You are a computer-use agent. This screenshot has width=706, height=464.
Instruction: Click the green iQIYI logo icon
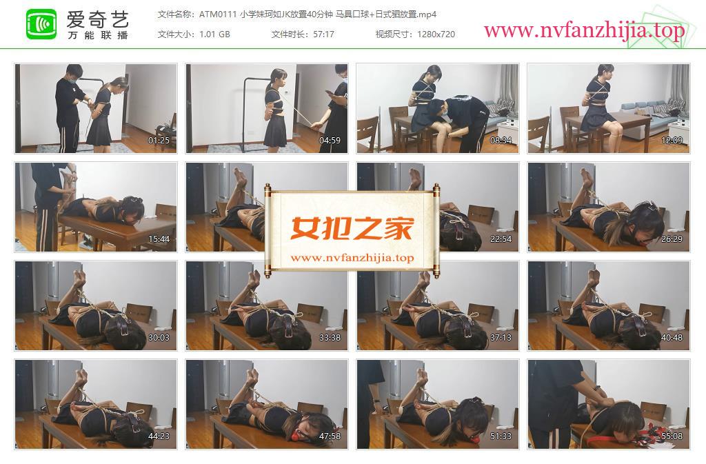(x=41, y=24)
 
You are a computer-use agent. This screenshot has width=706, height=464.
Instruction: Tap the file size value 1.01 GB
(x=215, y=34)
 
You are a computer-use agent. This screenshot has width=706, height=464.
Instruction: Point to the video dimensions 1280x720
(x=436, y=34)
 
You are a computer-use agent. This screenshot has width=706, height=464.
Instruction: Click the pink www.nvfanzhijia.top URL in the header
(x=585, y=30)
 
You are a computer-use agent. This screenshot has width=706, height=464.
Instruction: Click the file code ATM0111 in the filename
(x=218, y=14)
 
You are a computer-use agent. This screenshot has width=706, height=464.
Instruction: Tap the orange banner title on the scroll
(x=352, y=228)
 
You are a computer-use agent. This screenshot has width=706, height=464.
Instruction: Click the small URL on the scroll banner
(x=352, y=258)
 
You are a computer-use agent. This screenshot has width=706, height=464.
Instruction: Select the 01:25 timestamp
(x=159, y=141)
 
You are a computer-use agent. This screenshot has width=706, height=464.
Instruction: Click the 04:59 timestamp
(x=330, y=141)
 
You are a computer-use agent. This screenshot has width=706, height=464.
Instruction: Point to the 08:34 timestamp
(x=501, y=141)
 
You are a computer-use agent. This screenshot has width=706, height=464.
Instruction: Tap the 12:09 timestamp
(x=672, y=141)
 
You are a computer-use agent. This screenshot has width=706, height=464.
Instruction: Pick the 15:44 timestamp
(x=159, y=239)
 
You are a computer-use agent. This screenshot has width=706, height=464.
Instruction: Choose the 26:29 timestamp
(x=672, y=239)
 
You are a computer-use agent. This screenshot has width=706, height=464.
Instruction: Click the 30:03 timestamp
(x=159, y=338)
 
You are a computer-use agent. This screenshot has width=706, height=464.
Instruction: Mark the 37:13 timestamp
(x=501, y=338)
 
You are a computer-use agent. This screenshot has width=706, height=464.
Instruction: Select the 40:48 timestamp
(x=672, y=338)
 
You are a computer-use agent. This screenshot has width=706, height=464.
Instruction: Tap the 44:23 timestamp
(x=159, y=436)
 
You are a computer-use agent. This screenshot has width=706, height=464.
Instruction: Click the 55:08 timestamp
(x=672, y=436)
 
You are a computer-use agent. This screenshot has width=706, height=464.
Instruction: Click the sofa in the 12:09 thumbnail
(x=655, y=118)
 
